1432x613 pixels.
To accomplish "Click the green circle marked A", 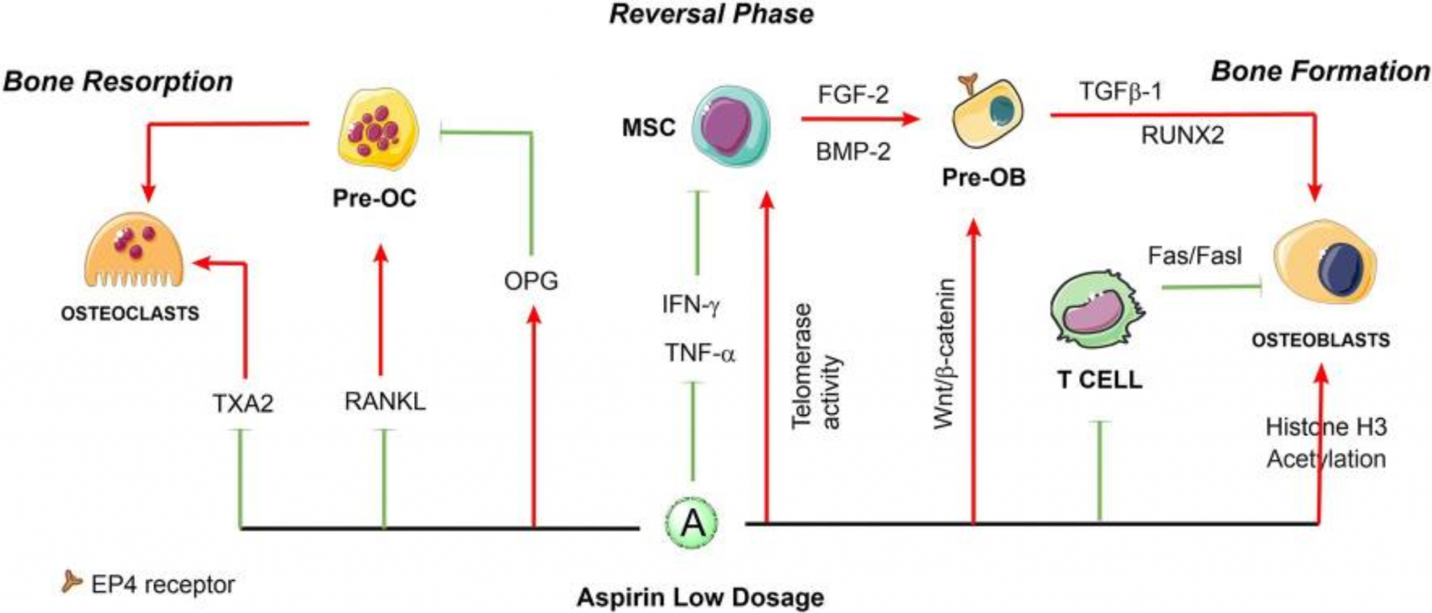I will [692, 523].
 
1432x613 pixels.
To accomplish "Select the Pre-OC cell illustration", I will [377, 130].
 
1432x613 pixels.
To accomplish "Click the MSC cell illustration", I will [731, 126].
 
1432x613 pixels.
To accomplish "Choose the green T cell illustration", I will [1094, 311].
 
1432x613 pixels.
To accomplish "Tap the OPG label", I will [531, 281].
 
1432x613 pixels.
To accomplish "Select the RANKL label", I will [385, 402].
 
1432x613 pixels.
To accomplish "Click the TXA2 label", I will [243, 403].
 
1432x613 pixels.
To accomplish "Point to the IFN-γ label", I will [691, 305].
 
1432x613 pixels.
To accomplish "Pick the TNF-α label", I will [700, 353].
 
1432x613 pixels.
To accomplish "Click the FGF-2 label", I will [853, 94].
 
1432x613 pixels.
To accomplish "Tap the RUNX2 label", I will [1182, 135].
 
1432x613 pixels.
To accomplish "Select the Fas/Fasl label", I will [1194, 256].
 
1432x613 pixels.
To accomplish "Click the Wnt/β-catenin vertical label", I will [944, 353].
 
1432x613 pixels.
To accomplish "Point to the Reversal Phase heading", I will [711, 14].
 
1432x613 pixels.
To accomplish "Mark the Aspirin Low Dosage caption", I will [700, 598].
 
